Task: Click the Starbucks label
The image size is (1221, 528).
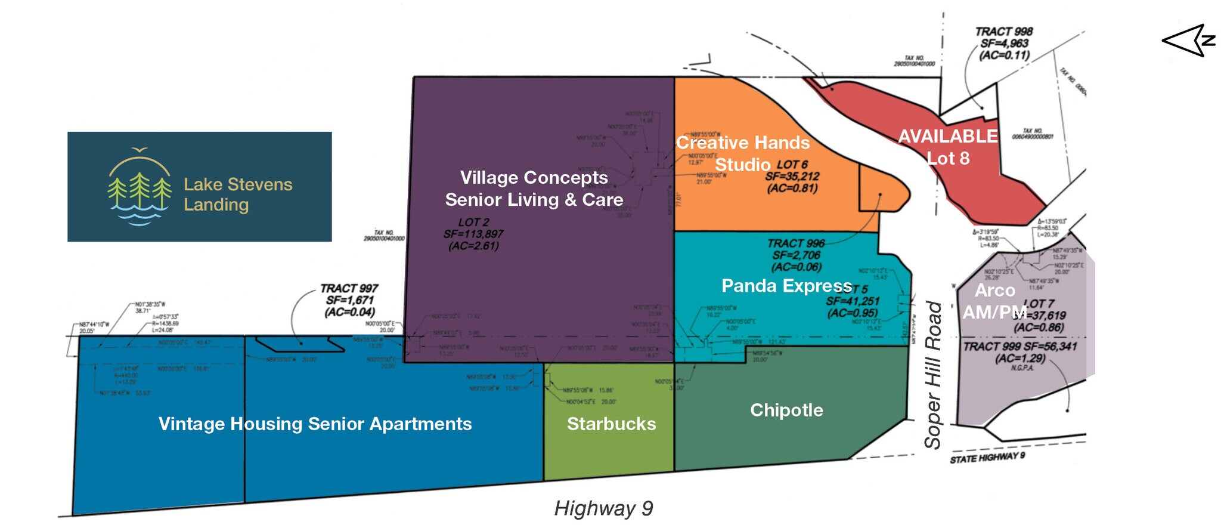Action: pyautogui.click(x=611, y=424)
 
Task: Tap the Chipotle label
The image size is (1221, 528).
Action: pyautogui.click(x=786, y=410)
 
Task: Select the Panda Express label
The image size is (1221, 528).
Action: pyautogui.click(x=786, y=286)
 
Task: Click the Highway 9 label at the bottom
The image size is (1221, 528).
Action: pyautogui.click(x=603, y=508)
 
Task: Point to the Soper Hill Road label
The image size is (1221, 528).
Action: pyautogui.click(x=932, y=375)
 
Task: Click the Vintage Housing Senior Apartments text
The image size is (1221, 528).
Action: pyautogui.click(x=315, y=424)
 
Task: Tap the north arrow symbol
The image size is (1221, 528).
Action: pyautogui.click(x=1188, y=41)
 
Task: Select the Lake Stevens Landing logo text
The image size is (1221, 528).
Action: pyautogui.click(x=238, y=194)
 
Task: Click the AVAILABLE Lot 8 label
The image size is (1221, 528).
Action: pyautogui.click(x=948, y=147)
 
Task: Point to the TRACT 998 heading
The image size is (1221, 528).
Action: pyautogui.click(x=1004, y=32)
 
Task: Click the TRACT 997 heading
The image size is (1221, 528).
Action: pyautogui.click(x=349, y=289)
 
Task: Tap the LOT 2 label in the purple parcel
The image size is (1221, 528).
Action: pyautogui.click(x=473, y=223)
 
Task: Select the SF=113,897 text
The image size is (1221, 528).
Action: pyautogui.click(x=473, y=234)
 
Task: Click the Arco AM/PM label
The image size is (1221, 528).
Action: pyautogui.click(x=994, y=301)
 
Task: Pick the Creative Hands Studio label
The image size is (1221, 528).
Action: pyautogui.click(x=743, y=153)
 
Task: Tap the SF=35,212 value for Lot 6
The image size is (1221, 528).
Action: pyautogui.click(x=792, y=177)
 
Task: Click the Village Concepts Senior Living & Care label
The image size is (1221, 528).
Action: pyautogui.click(x=534, y=189)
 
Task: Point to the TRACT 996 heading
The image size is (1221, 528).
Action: pyautogui.click(x=796, y=243)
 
